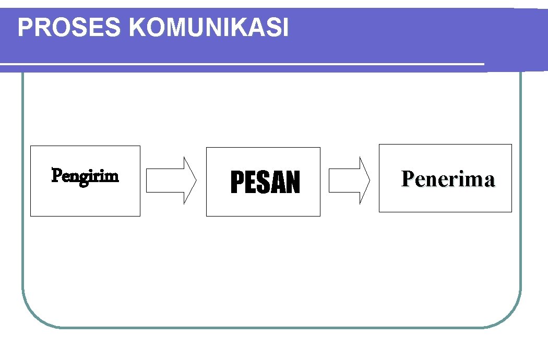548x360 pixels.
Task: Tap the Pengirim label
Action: pos(85,176)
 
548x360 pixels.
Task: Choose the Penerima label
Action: pos(448,179)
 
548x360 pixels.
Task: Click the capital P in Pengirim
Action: pos(55,175)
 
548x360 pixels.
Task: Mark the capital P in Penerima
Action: pos(407,179)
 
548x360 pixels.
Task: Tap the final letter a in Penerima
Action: pos(489,181)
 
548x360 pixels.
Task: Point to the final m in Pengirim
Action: pos(112,177)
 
